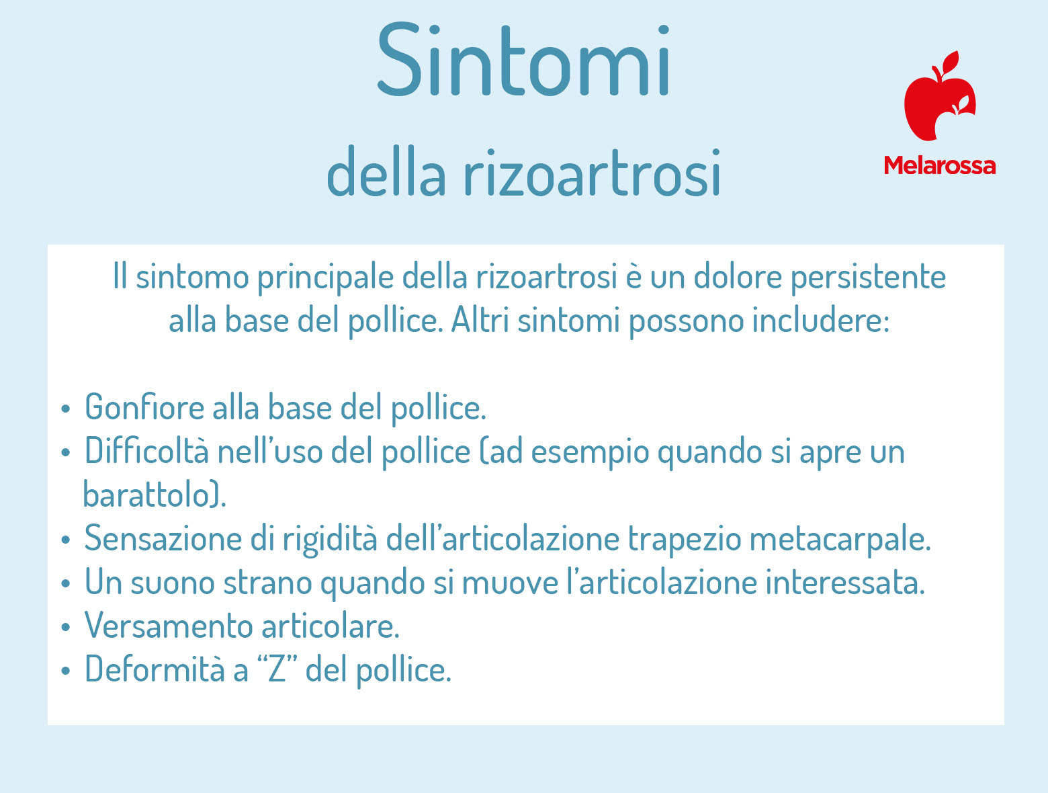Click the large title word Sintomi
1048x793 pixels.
click(523, 59)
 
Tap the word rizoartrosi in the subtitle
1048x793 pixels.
click(592, 172)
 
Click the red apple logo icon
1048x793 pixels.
click(939, 96)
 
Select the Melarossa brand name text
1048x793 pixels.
click(940, 165)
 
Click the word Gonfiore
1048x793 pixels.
click(144, 407)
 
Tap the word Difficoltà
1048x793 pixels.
click(146, 451)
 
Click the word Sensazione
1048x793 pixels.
click(163, 538)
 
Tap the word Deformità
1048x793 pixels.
click(155, 669)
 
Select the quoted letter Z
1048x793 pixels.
click(277, 669)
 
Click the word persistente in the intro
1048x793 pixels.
click(868, 278)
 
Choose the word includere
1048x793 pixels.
click(820, 321)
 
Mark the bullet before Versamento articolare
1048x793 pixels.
click(65, 627)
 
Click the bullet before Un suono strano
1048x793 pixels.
click(65, 583)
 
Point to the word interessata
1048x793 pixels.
click(845, 582)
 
